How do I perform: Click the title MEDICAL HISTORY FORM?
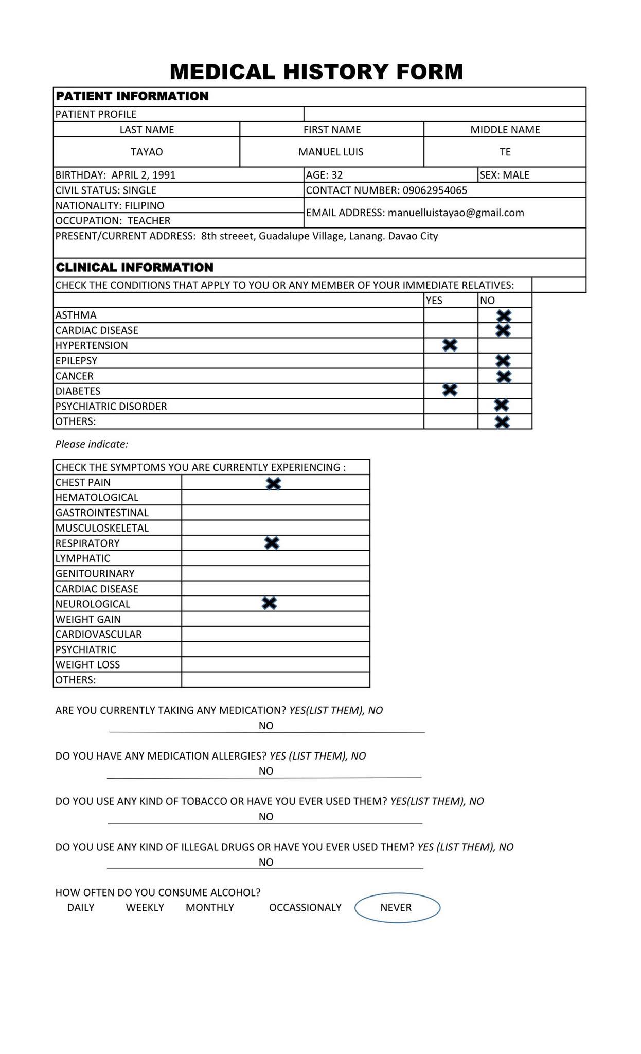[x=316, y=72]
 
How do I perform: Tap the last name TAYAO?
[x=147, y=152]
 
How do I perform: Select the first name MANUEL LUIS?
[x=331, y=152]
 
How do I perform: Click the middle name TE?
[x=505, y=152]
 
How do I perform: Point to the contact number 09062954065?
[x=435, y=190]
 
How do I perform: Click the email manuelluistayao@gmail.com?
[x=456, y=213]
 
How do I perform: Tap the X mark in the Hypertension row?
[x=450, y=345]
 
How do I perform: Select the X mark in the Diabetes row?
[x=450, y=390]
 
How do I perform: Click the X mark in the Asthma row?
[x=504, y=316]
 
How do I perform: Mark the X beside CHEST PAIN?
[x=273, y=483]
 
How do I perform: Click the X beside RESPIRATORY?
[x=271, y=543]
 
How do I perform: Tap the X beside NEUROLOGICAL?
[x=269, y=603]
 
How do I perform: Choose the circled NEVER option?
[x=397, y=907]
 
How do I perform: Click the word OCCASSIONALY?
[x=305, y=907]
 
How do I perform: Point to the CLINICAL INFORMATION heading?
[x=134, y=268]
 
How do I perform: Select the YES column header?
[x=434, y=301]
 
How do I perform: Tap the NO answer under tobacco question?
[x=266, y=816]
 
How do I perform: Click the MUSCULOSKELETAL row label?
[x=102, y=528]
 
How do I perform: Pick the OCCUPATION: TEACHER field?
[x=113, y=221]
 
